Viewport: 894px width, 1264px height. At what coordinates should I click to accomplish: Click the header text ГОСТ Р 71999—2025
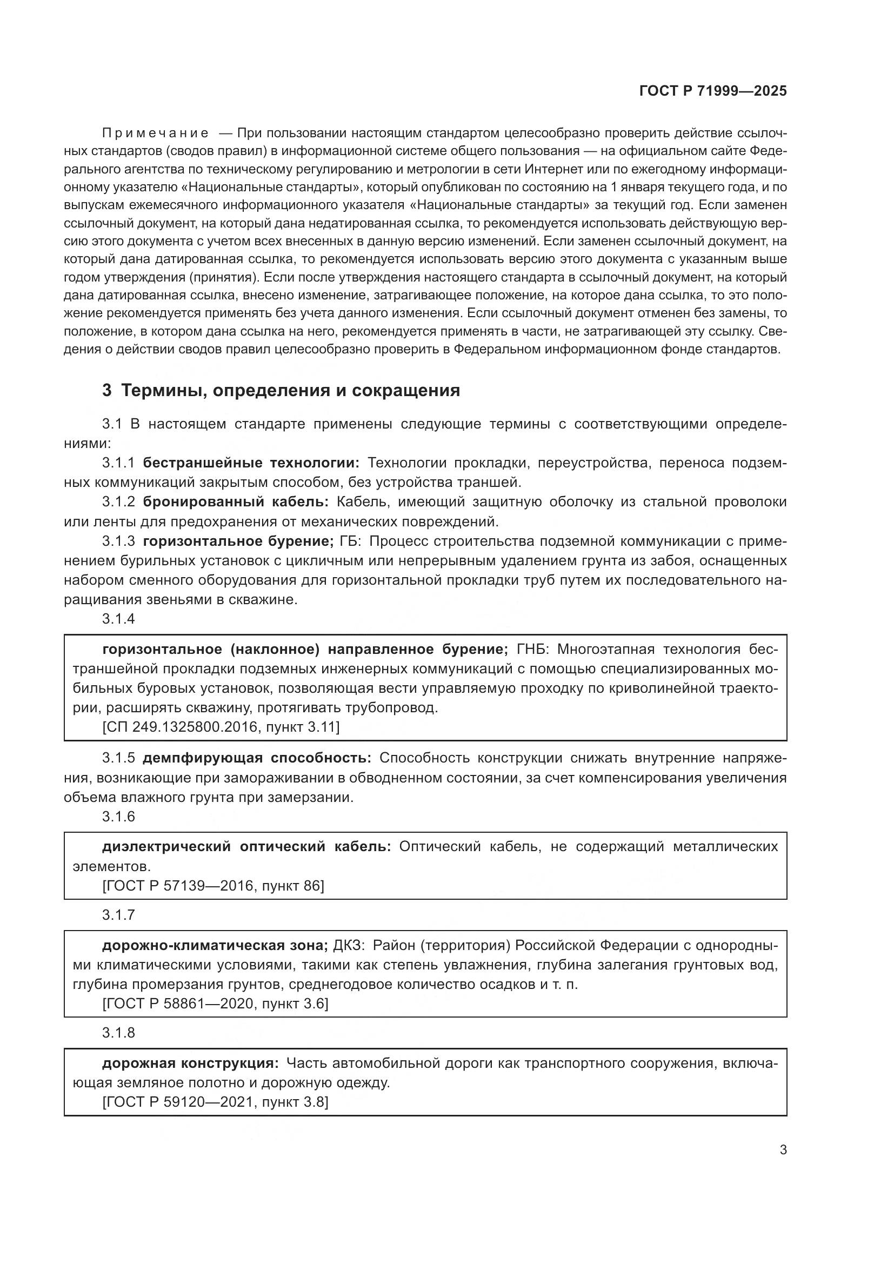713,91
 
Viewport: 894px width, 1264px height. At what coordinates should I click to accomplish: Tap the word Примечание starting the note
155,133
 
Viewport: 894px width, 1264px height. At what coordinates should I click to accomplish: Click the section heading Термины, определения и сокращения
290,390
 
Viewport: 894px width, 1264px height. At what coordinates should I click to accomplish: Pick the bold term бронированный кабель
236,501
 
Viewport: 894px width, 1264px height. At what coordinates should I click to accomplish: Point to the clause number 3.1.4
118,619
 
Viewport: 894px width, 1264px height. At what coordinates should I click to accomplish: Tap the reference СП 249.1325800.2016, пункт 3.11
221,727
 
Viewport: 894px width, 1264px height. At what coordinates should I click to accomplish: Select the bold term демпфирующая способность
257,758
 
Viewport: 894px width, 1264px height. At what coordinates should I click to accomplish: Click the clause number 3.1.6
118,816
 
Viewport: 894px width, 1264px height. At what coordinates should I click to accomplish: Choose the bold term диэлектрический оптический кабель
246,846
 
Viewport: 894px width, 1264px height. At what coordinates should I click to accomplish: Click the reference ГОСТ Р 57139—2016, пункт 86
213,885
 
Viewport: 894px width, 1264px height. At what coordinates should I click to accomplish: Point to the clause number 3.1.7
118,915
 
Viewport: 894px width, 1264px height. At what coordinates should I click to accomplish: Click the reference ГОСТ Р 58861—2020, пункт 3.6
215,1004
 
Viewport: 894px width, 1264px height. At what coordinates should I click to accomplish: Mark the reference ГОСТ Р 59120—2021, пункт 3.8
215,1101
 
